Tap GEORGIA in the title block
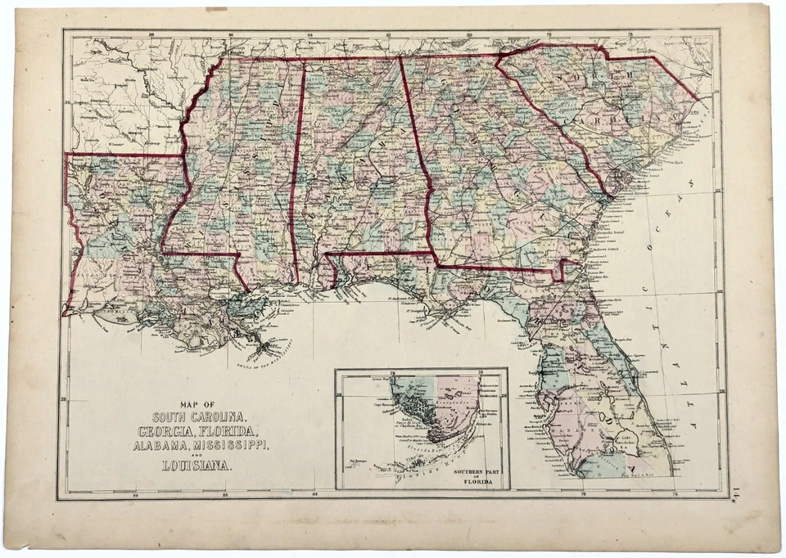(x=170, y=431)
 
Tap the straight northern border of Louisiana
(x=123, y=154)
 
